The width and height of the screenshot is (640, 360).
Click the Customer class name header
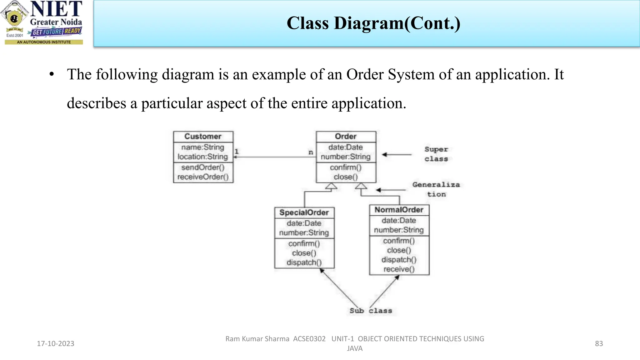point(203,137)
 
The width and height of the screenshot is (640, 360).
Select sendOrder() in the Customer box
point(203,167)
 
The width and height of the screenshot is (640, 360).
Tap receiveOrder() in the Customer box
point(203,177)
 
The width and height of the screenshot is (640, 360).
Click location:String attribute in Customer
point(203,157)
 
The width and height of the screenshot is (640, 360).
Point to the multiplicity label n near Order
point(311,152)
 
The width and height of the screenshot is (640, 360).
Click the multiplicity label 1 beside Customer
point(237,151)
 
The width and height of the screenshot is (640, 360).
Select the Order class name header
point(346,137)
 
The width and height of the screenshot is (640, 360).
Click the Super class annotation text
point(436,154)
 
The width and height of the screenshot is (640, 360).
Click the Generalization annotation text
point(436,189)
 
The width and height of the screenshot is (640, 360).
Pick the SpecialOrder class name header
point(304,213)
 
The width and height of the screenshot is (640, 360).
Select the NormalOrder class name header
point(399,210)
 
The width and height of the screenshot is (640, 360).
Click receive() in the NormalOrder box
point(399,269)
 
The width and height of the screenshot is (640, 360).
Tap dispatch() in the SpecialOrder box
point(304,262)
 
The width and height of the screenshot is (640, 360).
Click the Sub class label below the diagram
point(371,311)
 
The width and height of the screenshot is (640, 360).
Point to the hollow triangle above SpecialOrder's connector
point(331,187)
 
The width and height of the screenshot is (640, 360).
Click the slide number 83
point(599,343)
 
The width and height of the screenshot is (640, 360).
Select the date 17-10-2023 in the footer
point(56,343)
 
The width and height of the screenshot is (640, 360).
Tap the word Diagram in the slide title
point(369,23)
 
